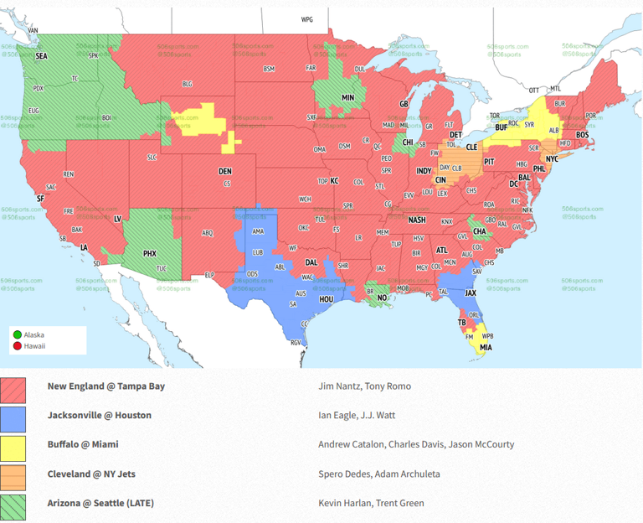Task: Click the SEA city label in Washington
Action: [41, 56]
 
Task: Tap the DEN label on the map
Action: [225, 172]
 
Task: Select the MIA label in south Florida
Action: [486, 347]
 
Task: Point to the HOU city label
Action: [327, 299]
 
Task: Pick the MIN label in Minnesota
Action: [347, 98]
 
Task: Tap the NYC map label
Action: [552, 158]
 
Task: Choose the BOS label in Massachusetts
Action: [582, 135]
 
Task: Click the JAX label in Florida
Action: [471, 293]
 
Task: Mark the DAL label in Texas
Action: [311, 239]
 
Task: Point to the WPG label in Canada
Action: [306, 18]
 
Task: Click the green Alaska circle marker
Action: [18, 334]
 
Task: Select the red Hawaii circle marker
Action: [18, 345]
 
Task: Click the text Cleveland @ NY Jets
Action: [91, 474]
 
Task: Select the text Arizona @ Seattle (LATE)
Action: [100, 503]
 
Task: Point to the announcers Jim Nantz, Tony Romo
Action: [364, 386]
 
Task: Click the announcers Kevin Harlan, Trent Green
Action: [371, 503]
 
